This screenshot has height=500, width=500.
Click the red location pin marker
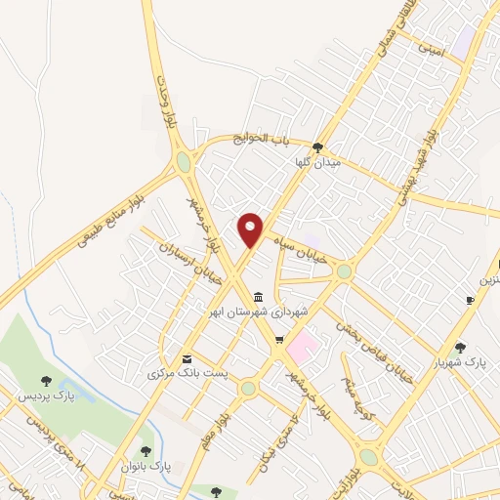click(251, 229)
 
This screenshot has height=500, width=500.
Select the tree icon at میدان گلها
click(316, 147)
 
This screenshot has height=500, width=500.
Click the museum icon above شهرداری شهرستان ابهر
click(258, 297)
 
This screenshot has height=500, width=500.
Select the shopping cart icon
click(279, 340)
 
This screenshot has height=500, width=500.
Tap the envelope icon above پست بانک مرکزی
click(187, 358)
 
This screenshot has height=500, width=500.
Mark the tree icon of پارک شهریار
click(460, 347)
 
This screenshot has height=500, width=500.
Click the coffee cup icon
click(470, 300)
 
